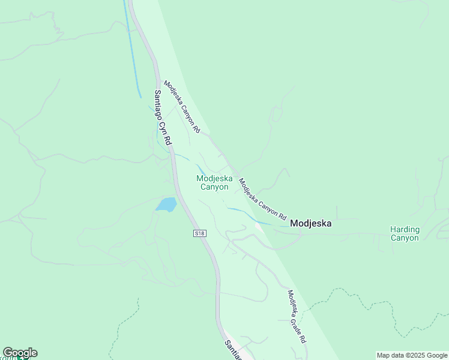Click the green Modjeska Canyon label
[x=214, y=182]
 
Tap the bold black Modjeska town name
[x=311, y=223]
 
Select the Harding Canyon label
[x=405, y=233]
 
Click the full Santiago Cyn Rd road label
[x=163, y=118]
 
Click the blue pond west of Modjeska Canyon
[x=166, y=205]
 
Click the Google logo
[x=20, y=353]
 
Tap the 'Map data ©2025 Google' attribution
[x=412, y=355]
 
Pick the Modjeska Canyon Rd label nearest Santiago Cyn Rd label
[x=182, y=107]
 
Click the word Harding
[x=405, y=229]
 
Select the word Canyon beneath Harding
[x=405, y=238]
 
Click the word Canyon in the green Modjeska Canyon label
[x=214, y=187]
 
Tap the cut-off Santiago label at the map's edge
[x=233, y=350]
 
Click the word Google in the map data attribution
[x=436, y=355]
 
